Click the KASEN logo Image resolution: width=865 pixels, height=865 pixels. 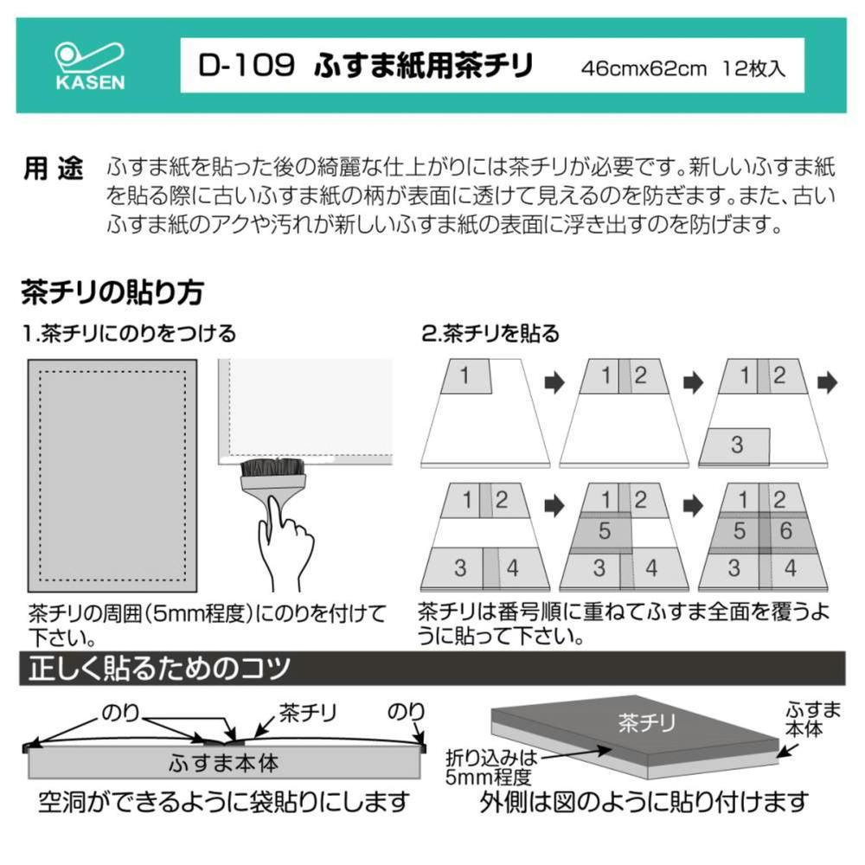(90, 66)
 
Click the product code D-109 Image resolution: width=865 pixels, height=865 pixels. (246, 66)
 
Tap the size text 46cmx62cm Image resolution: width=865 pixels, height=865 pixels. (644, 68)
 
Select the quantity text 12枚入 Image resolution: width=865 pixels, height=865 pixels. (753, 68)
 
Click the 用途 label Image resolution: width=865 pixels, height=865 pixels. (53, 169)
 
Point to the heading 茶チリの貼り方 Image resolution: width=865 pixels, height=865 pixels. (112, 292)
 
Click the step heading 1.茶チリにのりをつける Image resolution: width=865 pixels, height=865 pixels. (129, 334)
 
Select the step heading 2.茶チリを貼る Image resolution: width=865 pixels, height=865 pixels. (490, 334)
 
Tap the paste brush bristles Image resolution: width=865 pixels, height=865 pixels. (272, 468)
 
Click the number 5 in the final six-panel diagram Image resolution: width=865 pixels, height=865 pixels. (740, 531)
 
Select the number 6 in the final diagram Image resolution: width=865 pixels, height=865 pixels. (786, 531)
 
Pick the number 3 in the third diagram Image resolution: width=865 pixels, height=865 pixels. (737, 445)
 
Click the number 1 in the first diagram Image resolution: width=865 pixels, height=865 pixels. (465, 375)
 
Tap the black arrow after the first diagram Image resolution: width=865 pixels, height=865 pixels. (554, 382)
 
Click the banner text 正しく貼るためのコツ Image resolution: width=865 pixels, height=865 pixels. (159, 668)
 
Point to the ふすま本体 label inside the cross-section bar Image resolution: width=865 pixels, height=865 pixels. (224, 764)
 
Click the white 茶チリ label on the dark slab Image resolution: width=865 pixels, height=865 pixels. (646, 722)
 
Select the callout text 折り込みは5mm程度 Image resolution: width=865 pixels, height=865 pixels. (490, 767)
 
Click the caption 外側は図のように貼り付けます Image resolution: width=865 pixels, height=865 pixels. (644, 802)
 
